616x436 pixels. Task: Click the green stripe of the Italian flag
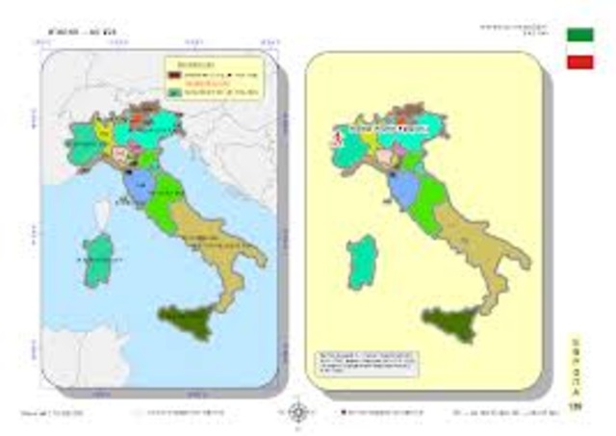point(579,34)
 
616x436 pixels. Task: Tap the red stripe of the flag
point(579,62)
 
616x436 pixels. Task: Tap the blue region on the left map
point(139,188)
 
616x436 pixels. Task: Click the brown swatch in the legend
point(174,73)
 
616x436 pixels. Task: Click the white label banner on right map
point(390,126)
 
